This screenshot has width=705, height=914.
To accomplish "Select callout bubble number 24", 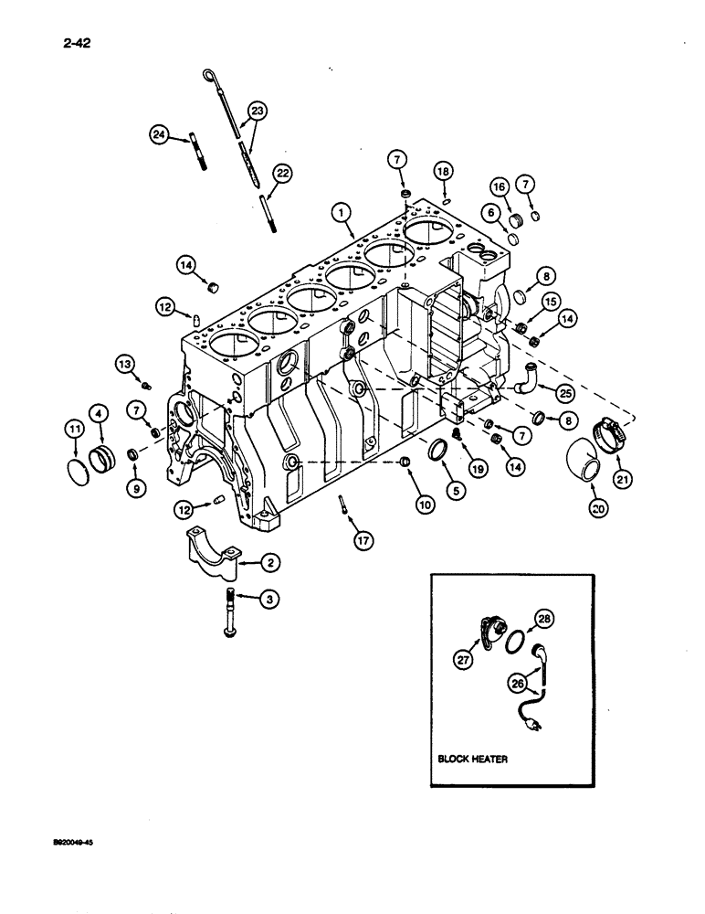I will [160, 135].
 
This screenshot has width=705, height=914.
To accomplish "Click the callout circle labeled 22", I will [282, 173].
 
